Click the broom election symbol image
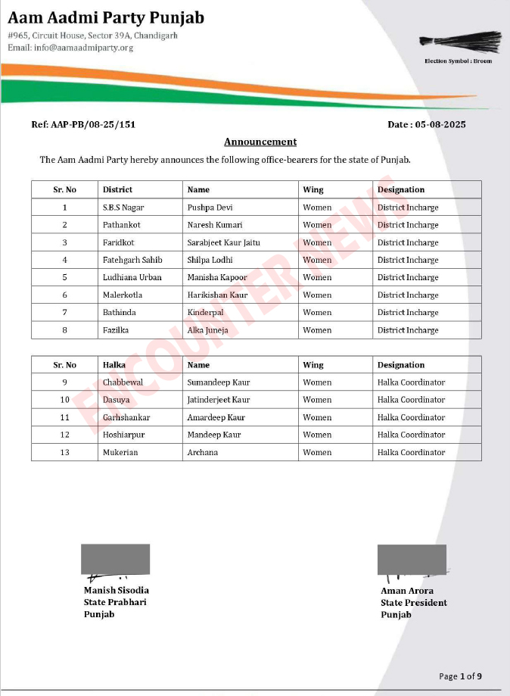click(x=471, y=42)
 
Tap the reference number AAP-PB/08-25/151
click(x=83, y=124)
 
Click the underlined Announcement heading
click(x=260, y=142)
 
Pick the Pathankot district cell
click(x=122, y=225)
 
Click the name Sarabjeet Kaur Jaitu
click(x=224, y=242)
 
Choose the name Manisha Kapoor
click(x=217, y=277)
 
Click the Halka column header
click(x=114, y=365)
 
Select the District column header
click(x=117, y=189)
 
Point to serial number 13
click(x=65, y=452)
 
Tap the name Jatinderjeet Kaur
click(x=219, y=400)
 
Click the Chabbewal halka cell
click(x=123, y=382)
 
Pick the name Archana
click(x=203, y=452)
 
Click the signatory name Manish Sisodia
click(x=117, y=591)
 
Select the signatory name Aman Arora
click(x=407, y=591)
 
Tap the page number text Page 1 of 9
click(x=460, y=676)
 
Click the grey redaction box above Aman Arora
click(x=412, y=559)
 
